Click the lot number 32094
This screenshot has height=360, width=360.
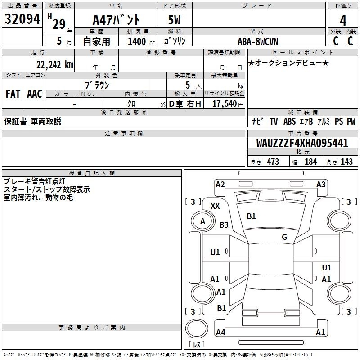[x=22, y=19]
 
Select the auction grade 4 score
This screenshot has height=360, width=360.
[x=343, y=21]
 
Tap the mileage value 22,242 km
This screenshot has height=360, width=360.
[x=55, y=65]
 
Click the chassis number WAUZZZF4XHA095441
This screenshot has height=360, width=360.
[x=302, y=143]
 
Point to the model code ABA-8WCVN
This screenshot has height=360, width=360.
[x=258, y=41]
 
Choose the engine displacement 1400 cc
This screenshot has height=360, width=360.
[x=141, y=41]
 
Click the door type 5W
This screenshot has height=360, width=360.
[x=174, y=20]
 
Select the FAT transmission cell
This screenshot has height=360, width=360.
[x=13, y=94]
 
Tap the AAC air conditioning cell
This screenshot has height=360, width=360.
[x=35, y=94]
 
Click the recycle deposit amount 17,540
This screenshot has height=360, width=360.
[x=225, y=104]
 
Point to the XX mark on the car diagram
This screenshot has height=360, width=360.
[x=215, y=206]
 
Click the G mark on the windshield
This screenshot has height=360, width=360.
[x=284, y=237]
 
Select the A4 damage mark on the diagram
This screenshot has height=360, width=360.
[x=220, y=332]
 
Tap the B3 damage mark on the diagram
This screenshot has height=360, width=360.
[x=224, y=225]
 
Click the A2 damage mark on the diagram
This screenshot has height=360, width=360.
[x=220, y=184]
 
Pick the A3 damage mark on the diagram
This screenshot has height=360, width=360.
[x=321, y=184]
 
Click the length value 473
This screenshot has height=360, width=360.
[x=273, y=162]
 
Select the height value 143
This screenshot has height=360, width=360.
[x=346, y=162]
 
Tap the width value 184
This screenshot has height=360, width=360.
[x=310, y=162]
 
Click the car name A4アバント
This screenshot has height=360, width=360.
[x=116, y=20]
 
